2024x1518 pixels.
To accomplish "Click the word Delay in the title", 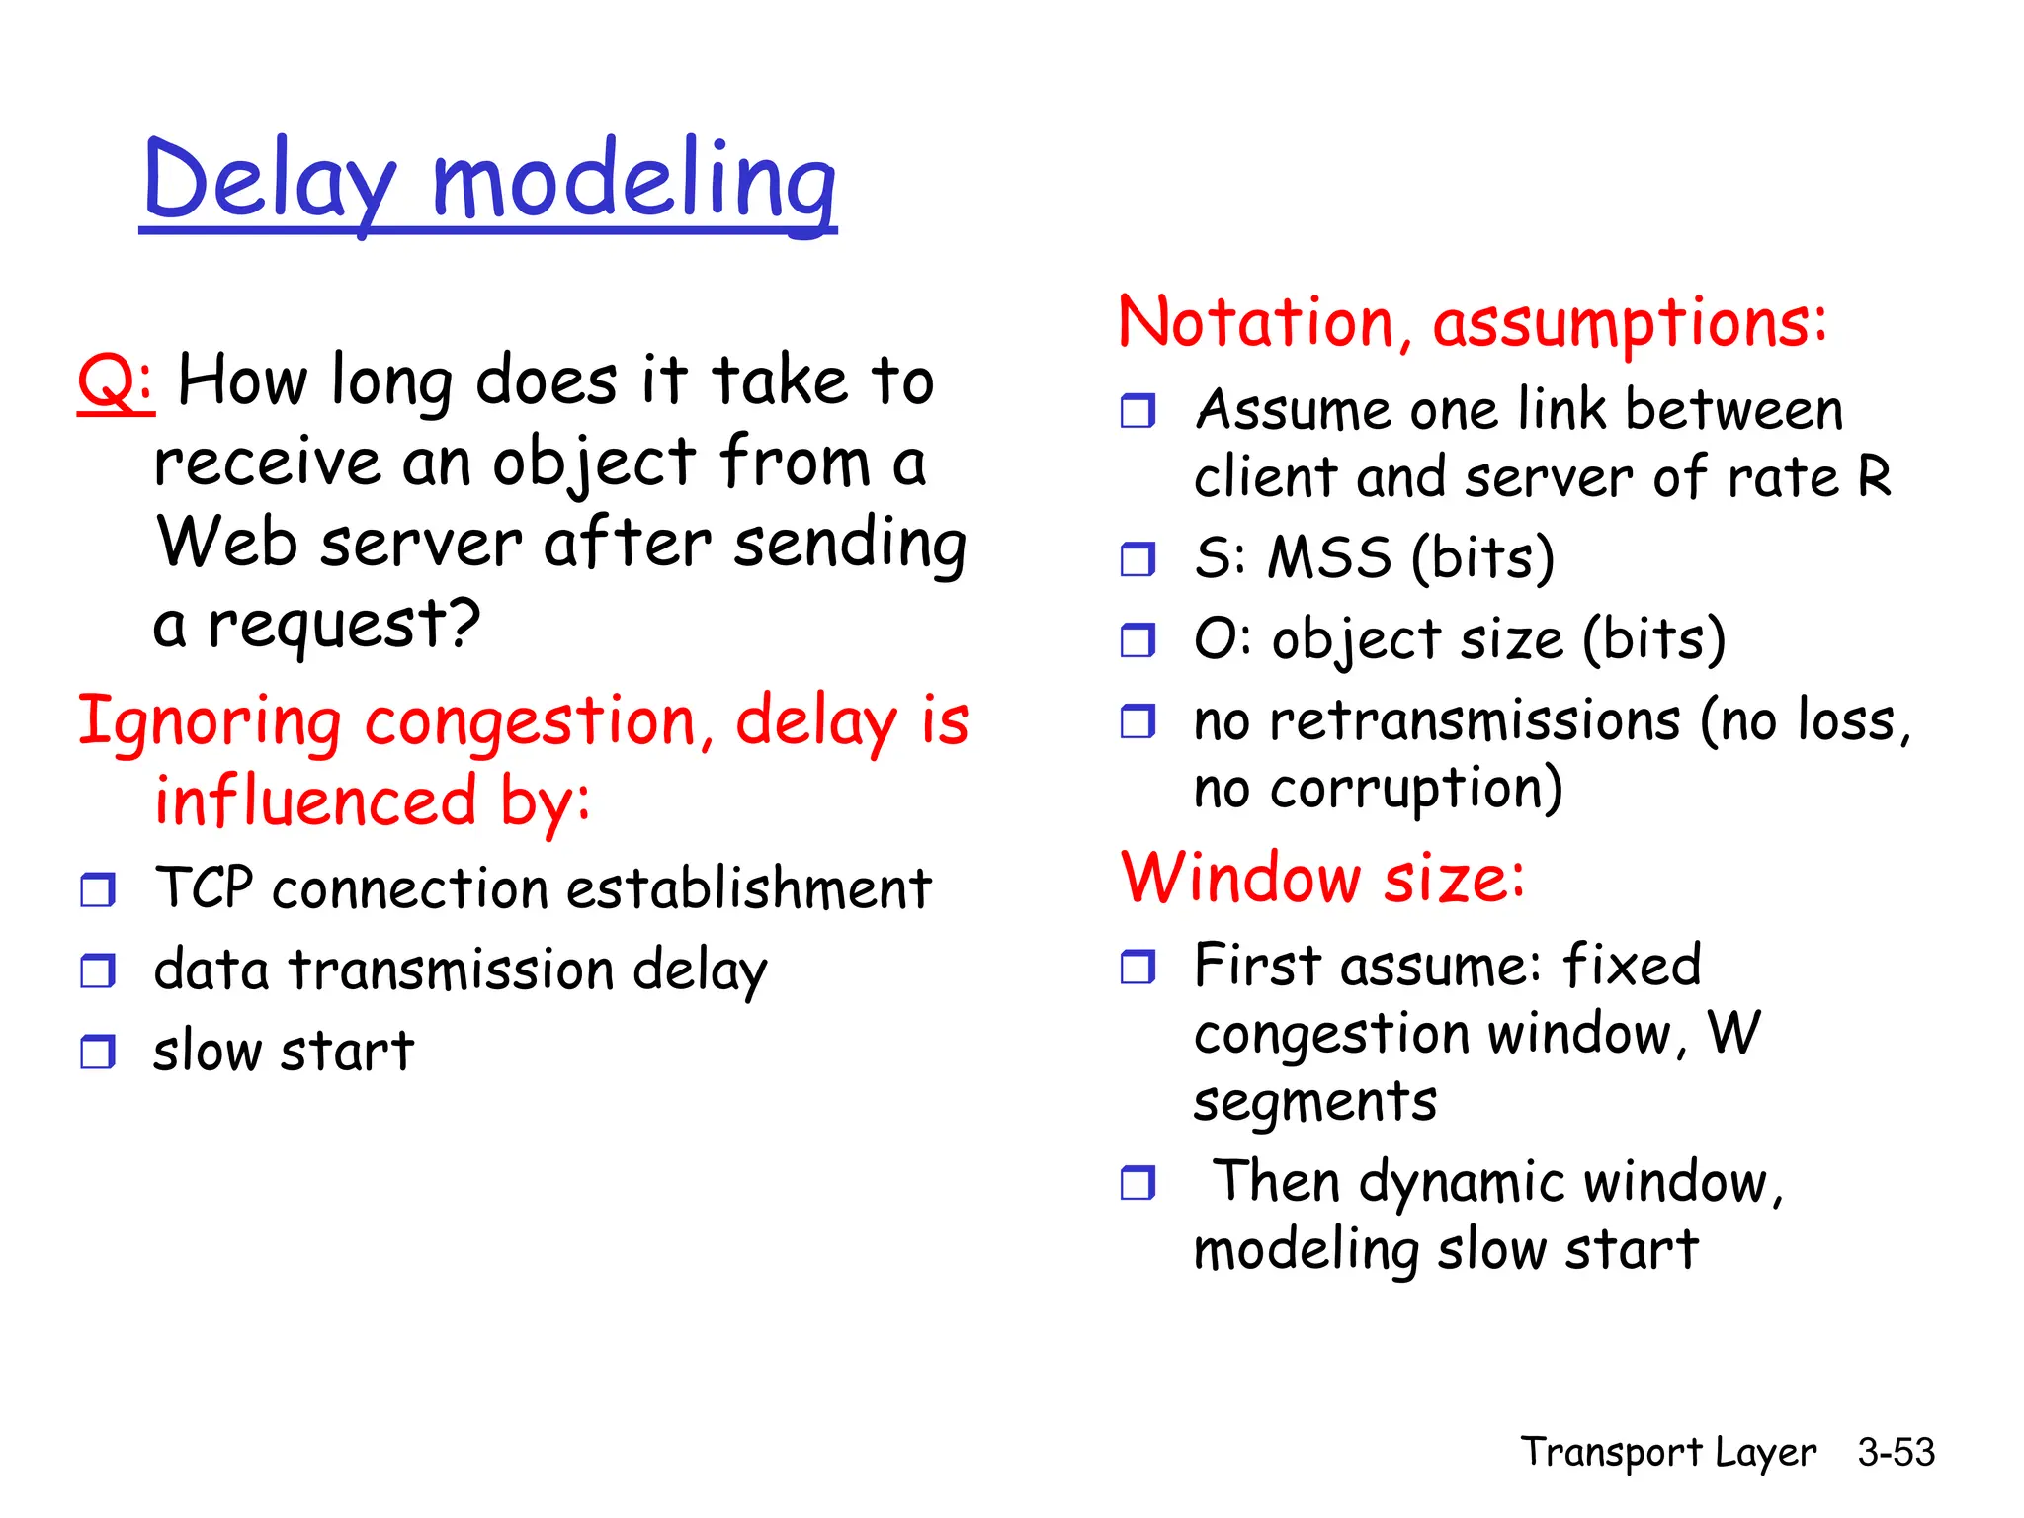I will click(x=269, y=181).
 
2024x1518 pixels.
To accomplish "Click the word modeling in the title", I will click(x=633, y=181).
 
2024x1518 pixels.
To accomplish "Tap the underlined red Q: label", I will click(x=116, y=381).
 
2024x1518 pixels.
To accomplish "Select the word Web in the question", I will click(x=226, y=544).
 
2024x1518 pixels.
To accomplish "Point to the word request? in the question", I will click(x=344, y=625).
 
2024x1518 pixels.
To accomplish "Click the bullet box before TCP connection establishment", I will click(x=98, y=889).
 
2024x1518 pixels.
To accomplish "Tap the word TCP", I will click(x=204, y=887).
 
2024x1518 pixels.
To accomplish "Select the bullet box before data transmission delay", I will click(x=98, y=970).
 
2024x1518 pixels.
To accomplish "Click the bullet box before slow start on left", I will click(x=98, y=1052).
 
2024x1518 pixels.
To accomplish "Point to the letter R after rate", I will click(x=1874, y=477).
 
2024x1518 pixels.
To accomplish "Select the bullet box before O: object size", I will click(x=1138, y=640).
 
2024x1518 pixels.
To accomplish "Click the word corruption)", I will click(x=1416, y=790).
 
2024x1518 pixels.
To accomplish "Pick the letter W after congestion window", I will click(x=1734, y=1034).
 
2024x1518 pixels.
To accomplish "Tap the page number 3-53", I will click(x=1896, y=1452).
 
